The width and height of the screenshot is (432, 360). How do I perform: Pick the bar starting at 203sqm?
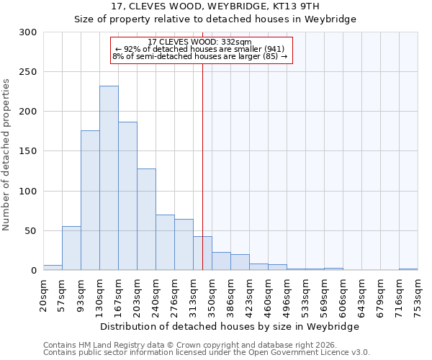[146, 219]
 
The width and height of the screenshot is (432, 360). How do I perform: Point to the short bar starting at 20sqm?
[53, 268]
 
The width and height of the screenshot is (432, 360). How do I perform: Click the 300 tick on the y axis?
[28, 32]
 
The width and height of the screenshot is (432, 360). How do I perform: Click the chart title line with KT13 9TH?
[215, 6]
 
